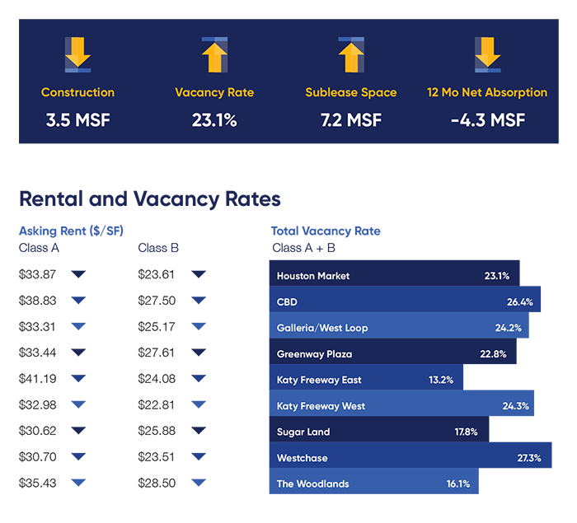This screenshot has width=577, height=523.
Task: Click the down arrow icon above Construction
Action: [77, 54]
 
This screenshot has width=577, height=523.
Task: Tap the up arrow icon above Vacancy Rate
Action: [214, 54]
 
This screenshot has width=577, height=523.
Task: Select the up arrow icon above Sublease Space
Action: [350, 54]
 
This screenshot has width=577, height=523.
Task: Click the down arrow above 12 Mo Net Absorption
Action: [487, 54]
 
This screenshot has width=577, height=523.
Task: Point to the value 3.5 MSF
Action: [77, 120]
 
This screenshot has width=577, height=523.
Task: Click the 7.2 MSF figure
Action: [350, 120]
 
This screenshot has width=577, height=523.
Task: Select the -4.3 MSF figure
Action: [487, 120]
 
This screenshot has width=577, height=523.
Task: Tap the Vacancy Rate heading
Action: [214, 92]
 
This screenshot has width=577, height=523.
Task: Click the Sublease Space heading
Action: [350, 92]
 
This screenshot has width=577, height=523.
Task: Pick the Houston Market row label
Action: [313, 276]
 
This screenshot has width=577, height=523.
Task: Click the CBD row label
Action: [287, 302]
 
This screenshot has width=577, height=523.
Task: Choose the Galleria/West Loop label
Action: [322, 328]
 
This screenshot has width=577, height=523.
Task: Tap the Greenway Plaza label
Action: [314, 354]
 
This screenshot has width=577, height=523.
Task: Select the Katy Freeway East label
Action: [319, 380]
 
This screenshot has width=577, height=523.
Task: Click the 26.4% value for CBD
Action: [520, 302]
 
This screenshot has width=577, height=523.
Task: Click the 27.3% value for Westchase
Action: [528, 457]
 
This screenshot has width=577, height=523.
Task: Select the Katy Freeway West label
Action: [321, 406]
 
